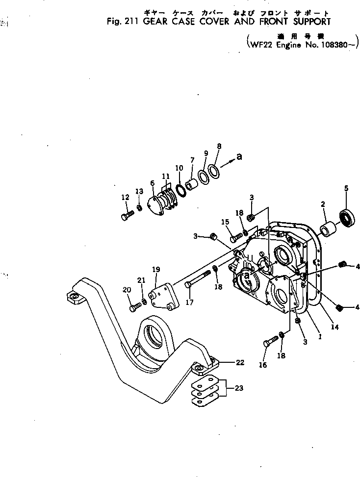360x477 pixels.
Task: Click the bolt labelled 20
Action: [x=134, y=306]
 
